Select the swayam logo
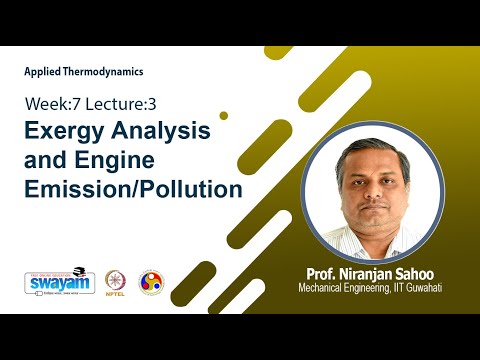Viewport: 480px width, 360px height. point(53,281)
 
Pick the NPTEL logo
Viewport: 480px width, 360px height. point(112,281)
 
